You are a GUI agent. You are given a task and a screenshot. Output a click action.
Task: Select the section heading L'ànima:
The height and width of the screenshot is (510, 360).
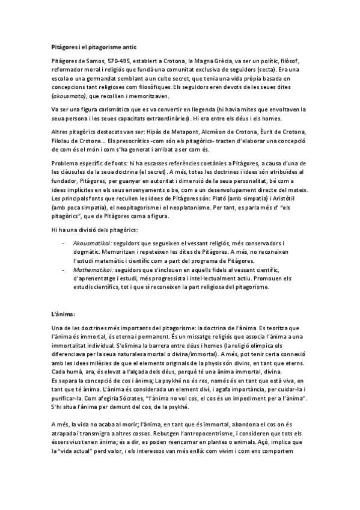click(x=63, y=314)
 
